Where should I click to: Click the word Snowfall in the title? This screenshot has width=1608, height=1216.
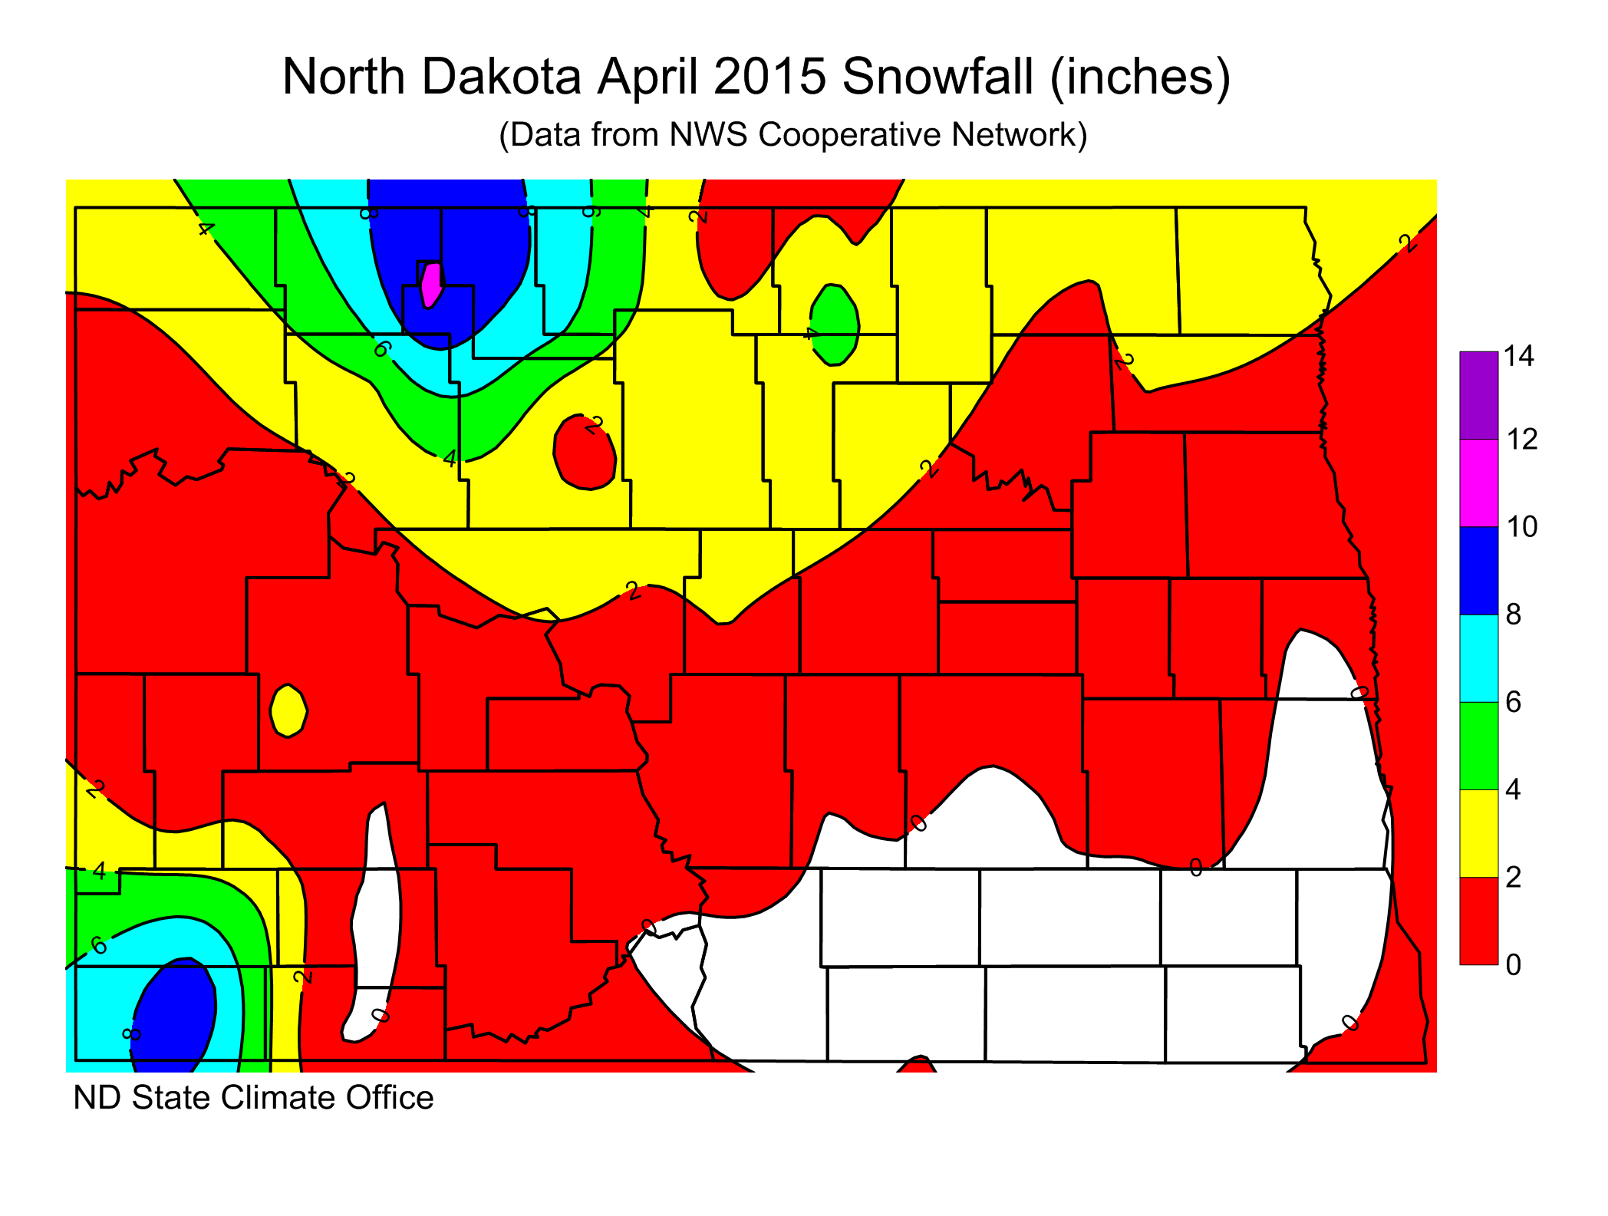coord(937,77)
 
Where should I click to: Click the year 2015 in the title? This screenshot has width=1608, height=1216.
coord(769,77)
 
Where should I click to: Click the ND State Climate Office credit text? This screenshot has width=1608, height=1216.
coord(253,1098)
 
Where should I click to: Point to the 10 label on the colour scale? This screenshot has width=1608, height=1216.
coord(1521,527)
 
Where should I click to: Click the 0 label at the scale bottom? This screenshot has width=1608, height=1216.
coord(1513,964)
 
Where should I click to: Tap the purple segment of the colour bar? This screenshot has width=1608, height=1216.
coord(1478,395)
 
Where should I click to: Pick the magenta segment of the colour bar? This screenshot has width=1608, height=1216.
coord(1478,483)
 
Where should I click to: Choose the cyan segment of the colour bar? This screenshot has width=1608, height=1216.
coord(1478,658)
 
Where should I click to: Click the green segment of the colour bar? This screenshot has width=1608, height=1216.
coord(1478,746)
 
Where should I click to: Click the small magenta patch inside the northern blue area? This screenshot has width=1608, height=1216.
coord(432,284)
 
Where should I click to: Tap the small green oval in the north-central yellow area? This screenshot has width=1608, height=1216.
coord(835,325)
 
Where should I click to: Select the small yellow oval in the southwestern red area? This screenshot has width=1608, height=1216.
coord(288,711)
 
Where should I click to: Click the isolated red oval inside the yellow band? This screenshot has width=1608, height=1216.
coord(585,453)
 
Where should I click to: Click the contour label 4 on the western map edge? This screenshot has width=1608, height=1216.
coord(99,872)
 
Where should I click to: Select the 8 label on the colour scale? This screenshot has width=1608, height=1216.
coord(1513,615)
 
